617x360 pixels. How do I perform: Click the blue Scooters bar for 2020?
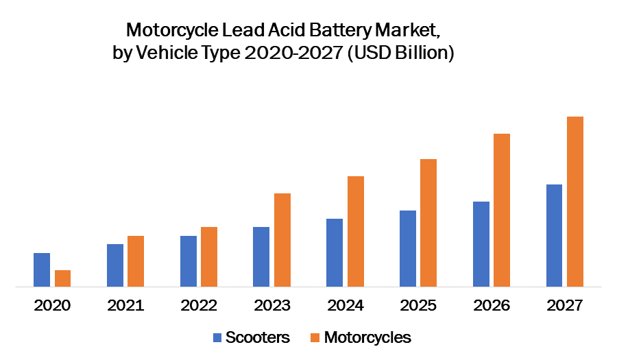(42, 269)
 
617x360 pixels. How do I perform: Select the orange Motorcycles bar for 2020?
(63, 278)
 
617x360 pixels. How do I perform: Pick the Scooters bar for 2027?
(554, 235)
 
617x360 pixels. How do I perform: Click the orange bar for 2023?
(282, 239)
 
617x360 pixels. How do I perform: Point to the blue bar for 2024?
(335, 252)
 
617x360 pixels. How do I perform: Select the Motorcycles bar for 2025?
(428, 222)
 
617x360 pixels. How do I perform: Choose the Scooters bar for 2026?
(481, 243)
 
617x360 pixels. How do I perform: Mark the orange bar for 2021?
(136, 261)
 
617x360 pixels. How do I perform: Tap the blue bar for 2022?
(189, 261)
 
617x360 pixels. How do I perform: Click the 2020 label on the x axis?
(52, 306)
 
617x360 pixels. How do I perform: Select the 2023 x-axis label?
(271, 306)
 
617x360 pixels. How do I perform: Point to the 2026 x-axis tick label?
(492, 306)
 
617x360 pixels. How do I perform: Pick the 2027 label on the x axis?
(565, 306)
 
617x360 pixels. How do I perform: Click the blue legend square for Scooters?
(217, 337)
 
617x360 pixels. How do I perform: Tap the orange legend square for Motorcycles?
(315, 337)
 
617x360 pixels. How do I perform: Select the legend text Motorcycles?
(367, 337)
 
